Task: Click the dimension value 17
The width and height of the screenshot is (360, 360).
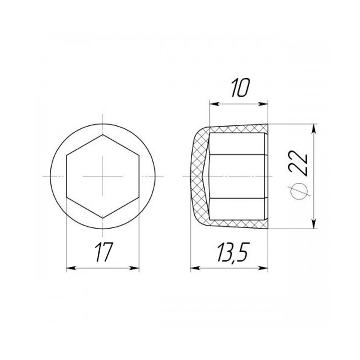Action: click(x=104, y=252)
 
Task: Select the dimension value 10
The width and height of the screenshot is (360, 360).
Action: click(x=239, y=88)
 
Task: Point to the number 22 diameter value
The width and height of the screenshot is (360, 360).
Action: click(x=298, y=163)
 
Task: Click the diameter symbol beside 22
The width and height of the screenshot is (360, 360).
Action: click(x=299, y=191)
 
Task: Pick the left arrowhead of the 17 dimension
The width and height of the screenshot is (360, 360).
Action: click(x=71, y=268)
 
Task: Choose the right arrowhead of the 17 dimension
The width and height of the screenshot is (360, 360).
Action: click(x=134, y=268)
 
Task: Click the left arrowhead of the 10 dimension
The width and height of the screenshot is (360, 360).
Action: click(x=214, y=104)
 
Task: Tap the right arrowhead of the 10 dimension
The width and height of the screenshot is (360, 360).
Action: click(x=263, y=104)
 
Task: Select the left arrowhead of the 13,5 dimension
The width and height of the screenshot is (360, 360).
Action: click(x=195, y=268)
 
